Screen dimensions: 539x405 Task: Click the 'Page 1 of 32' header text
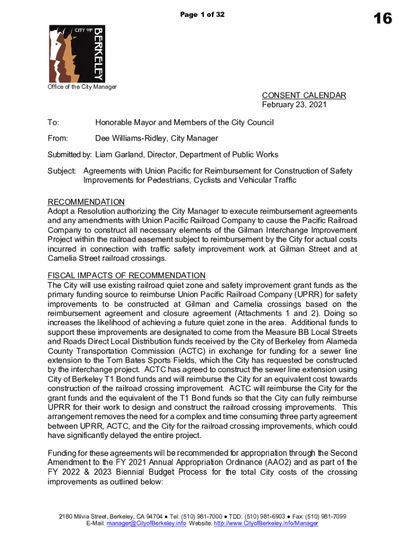point(202,15)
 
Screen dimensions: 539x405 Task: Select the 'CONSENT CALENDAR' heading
point(304,95)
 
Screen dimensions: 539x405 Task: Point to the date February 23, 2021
point(295,104)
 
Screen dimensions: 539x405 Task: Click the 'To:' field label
point(53,123)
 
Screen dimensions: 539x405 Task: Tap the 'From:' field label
point(58,138)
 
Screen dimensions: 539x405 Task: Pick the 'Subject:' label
point(62,171)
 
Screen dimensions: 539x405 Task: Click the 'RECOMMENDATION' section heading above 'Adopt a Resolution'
point(86,202)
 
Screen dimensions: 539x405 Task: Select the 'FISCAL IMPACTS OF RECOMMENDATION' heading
point(126,276)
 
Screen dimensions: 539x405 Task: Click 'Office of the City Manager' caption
point(82,87)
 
